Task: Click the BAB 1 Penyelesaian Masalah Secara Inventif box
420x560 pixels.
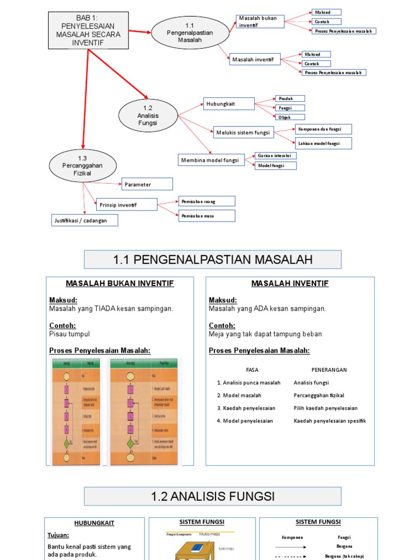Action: pos(88,31)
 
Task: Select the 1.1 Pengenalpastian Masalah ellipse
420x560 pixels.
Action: pos(190,33)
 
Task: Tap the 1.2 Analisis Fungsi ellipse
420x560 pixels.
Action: pos(148,115)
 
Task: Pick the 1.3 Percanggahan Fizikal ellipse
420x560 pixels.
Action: pos(82,166)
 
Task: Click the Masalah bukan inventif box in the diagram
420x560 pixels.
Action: pos(259,21)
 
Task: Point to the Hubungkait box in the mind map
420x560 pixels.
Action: pos(229,103)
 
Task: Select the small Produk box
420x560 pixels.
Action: pos(289,98)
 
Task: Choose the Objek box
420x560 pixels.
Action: pos(289,117)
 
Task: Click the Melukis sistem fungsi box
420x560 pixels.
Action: pos(243,132)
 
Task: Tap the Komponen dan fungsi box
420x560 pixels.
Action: pos(323,129)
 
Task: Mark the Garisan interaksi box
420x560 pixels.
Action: pos(276,156)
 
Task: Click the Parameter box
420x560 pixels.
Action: pos(147,184)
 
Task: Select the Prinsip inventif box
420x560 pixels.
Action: pos(126,205)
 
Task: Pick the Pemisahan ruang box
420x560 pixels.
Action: pos(207,201)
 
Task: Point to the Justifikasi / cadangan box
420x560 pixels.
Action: pos(84,220)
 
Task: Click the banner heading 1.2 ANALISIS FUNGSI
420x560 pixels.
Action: pos(213,497)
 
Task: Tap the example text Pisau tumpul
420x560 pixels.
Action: pos(69,334)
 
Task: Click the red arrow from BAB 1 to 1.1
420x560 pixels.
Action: pos(139,32)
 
